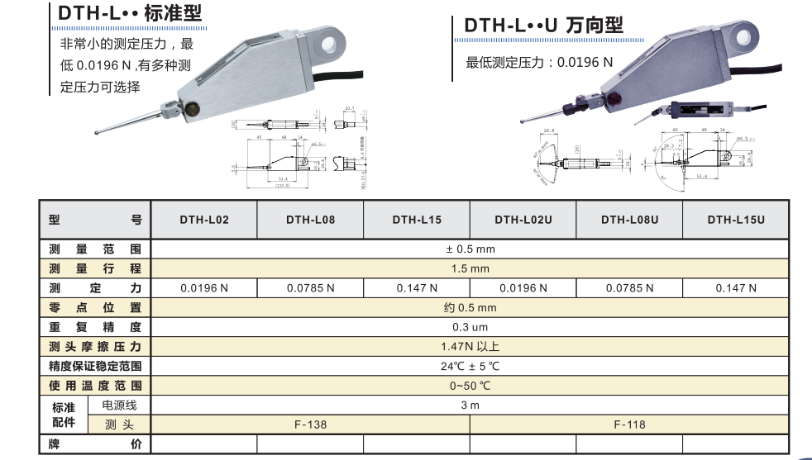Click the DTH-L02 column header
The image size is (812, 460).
[x=204, y=221]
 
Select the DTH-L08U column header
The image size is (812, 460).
[x=629, y=221]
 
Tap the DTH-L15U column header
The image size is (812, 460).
[x=736, y=221]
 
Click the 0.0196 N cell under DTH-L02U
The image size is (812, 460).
[x=523, y=288]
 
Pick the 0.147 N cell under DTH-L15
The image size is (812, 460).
[x=417, y=288]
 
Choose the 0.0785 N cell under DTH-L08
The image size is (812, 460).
[x=310, y=288]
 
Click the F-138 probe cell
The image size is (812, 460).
[x=310, y=424]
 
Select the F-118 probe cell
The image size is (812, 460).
[x=629, y=424]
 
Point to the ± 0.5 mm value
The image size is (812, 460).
[x=470, y=249]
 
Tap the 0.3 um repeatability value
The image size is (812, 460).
[x=470, y=327]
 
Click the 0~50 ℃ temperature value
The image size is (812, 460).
[x=470, y=386]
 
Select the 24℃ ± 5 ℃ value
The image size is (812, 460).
[x=470, y=366]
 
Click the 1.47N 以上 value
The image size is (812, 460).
[x=470, y=347]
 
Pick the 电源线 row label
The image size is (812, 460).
[x=119, y=405]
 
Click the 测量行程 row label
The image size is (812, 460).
[x=95, y=268]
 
